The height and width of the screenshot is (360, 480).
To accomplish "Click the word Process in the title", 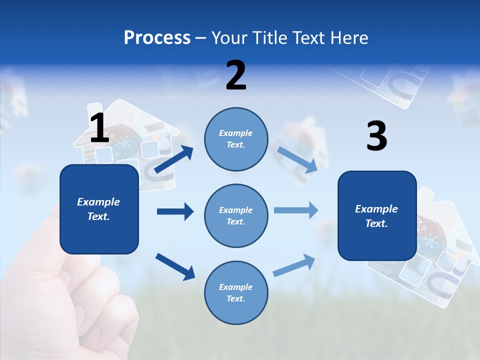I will (157, 38).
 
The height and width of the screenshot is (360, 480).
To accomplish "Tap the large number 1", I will (99, 128).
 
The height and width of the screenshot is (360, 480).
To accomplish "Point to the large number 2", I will (236, 75).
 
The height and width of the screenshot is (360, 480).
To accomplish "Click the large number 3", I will (376, 136).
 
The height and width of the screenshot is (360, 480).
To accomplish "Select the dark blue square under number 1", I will (99, 209).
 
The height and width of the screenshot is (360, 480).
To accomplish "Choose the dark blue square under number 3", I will (377, 215).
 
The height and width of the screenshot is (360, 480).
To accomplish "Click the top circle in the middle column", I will (236, 138).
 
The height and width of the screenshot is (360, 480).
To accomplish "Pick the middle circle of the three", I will (236, 215).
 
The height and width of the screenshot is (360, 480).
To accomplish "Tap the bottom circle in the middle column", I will (236, 292).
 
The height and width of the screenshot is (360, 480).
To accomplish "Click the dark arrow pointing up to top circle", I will (174, 159).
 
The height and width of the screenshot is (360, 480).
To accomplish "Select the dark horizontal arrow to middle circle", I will (175, 211).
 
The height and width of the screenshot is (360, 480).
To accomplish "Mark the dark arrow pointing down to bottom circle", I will (175, 266).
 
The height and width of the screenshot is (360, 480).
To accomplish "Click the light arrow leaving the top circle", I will (297, 159).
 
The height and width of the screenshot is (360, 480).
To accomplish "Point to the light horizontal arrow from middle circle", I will (296, 210).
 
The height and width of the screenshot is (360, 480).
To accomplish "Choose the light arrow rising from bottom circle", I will (294, 265).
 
